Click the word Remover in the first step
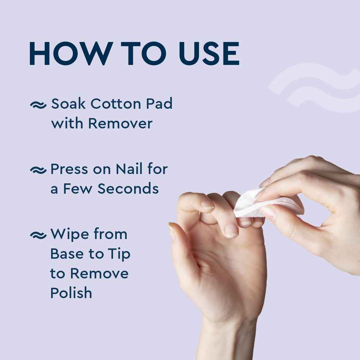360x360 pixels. pos(120,124)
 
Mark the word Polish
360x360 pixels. pos(71,293)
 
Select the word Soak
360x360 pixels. pos(67,104)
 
